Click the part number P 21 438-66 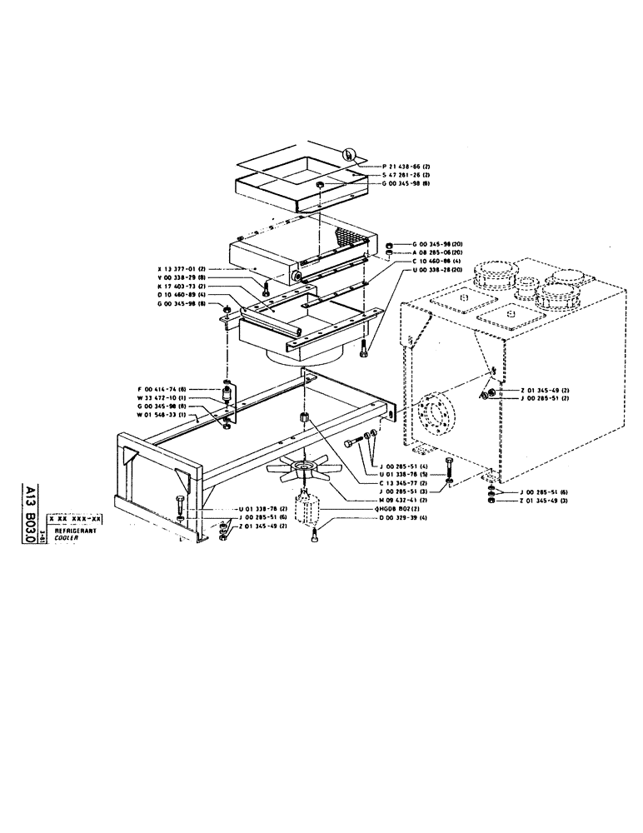(396, 167)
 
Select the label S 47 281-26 (396, 175)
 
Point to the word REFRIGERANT (75, 530)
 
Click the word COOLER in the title (67, 538)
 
